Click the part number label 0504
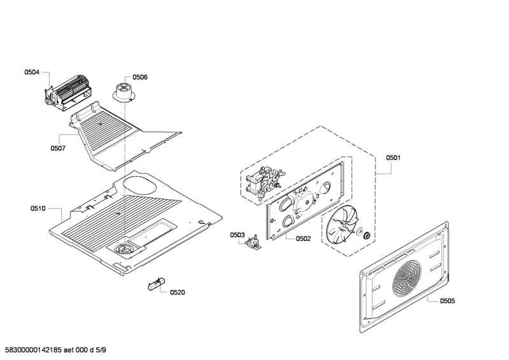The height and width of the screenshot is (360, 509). tap(32, 73)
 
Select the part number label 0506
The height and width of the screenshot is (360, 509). tap(140, 77)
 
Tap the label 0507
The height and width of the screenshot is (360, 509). tap(58, 148)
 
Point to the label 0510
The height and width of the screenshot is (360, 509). tap(38, 208)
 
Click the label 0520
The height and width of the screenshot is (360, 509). tap(178, 292)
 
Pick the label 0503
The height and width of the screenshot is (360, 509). tap(237, 235)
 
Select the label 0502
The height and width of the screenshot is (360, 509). tap(303, 239)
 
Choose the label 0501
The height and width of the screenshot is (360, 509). tap(394, 158)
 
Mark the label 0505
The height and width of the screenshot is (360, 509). tap(447, 301)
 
